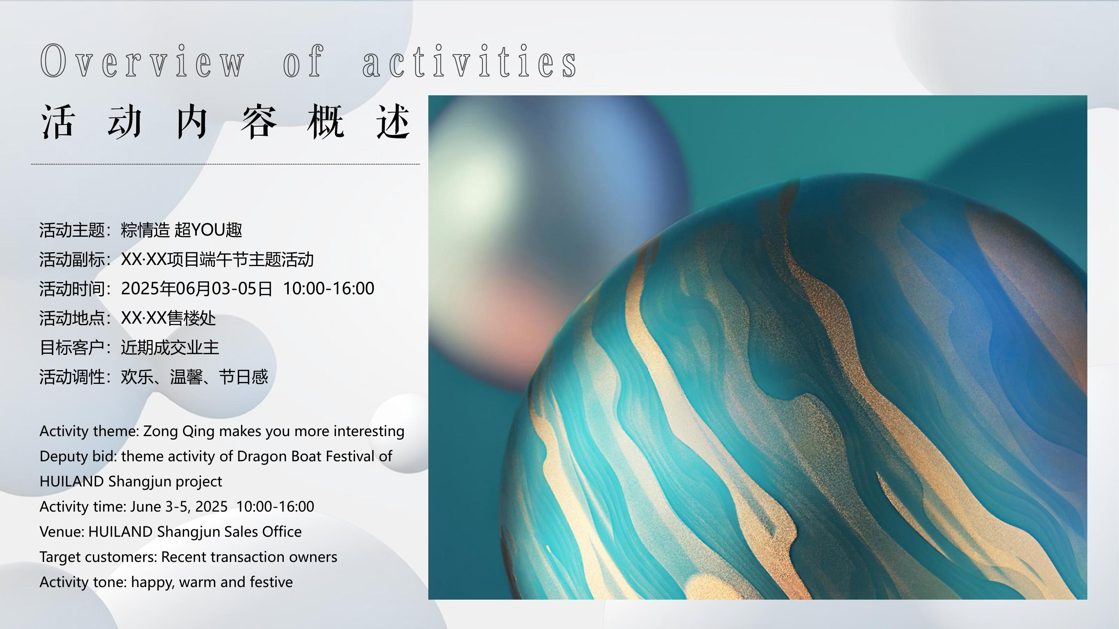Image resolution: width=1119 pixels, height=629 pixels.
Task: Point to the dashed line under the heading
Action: [x=225, y=164]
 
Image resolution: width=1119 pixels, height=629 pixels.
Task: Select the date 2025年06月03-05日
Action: [x=197, y=288]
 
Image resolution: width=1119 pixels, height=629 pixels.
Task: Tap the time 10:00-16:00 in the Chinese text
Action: [x=328, y=288]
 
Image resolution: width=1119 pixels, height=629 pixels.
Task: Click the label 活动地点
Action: [x=72, y=318]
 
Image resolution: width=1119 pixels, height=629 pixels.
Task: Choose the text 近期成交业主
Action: [x=170, y=347]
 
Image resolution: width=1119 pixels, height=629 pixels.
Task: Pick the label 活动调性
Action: [x=72, y=377]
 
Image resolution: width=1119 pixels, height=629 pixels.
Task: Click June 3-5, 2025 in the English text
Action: [x=179, y=507]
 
